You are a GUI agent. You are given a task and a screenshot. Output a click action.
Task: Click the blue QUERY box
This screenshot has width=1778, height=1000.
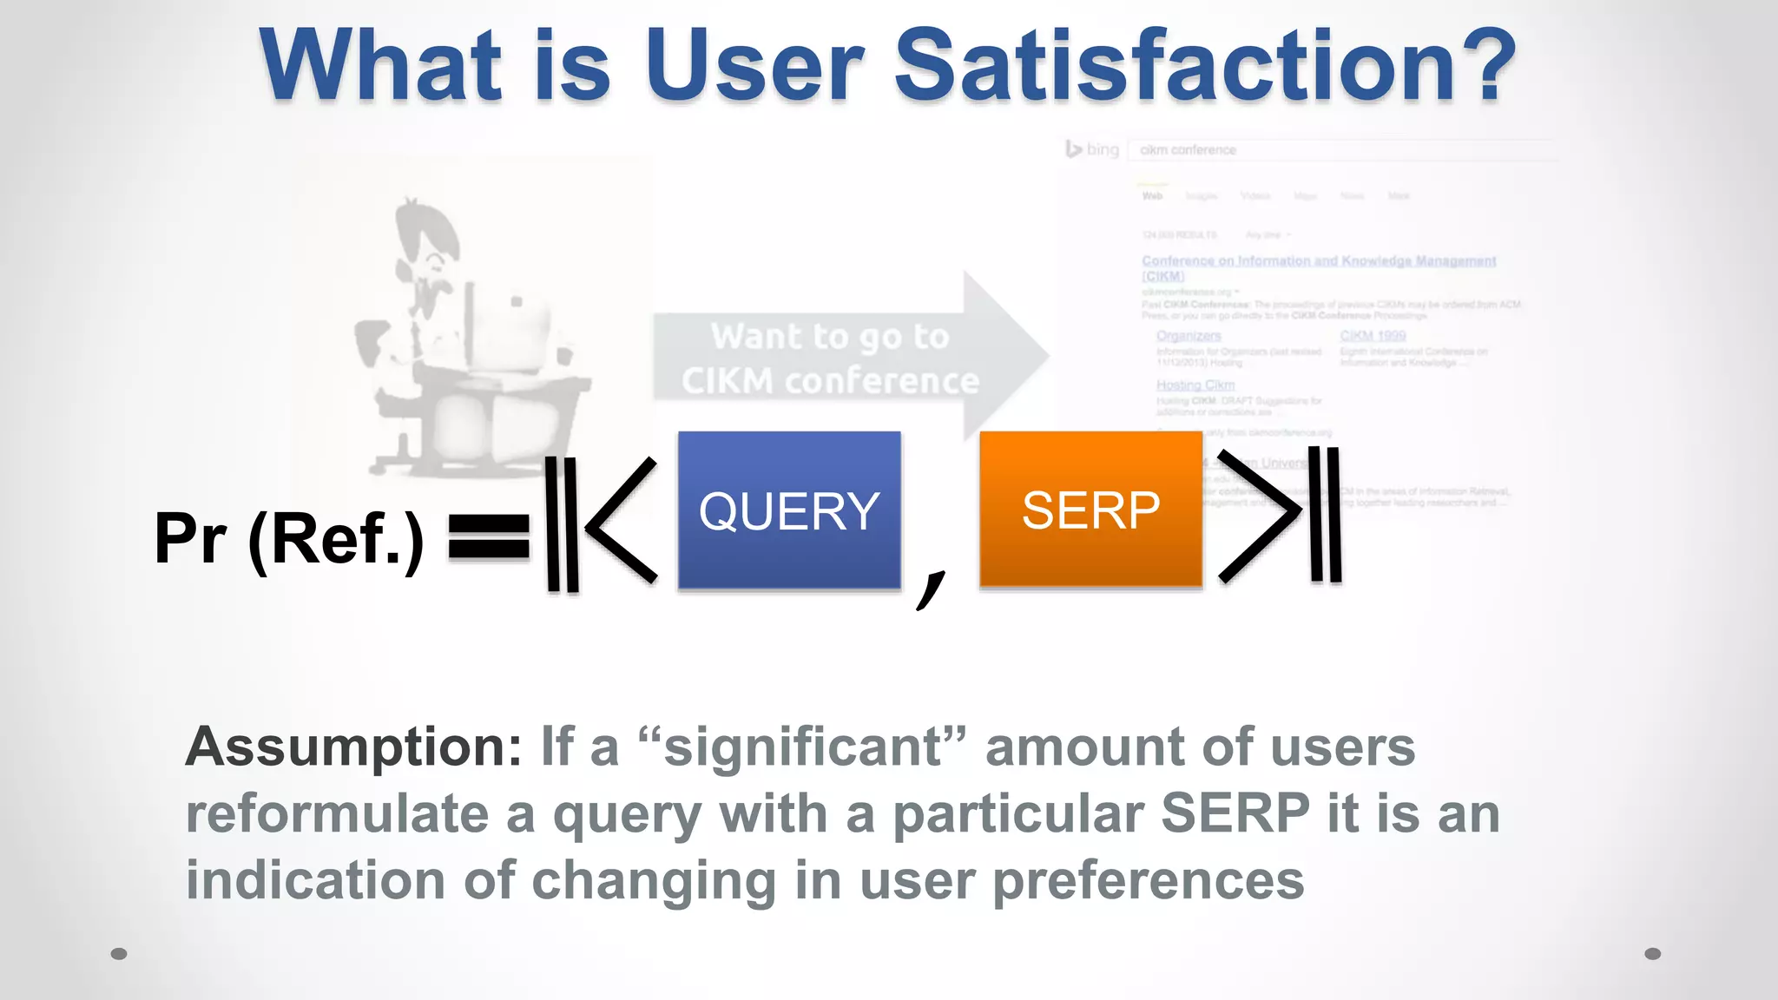pos(788,510)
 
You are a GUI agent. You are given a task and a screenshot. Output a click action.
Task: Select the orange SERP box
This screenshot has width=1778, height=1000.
pos(1090,510)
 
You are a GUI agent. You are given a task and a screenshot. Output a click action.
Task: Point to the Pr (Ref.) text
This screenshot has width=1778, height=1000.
pos(289,539)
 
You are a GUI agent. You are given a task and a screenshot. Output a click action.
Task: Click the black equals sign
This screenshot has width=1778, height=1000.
pos(489,536)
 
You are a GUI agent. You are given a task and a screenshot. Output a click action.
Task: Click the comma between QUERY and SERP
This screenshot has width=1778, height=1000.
pos(931,589)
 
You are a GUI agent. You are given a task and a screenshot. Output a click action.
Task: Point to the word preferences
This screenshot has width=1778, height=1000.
pos(1148,880)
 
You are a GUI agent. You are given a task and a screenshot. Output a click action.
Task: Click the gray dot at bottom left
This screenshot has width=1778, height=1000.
pos(119,953)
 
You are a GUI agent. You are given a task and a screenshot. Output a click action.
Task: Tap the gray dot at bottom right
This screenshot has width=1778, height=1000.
pos(1652,953)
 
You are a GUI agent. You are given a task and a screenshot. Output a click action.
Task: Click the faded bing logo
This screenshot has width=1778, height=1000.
pos(1093,149)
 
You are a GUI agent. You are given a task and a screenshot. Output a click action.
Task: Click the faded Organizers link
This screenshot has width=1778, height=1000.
pos(1188,336)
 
